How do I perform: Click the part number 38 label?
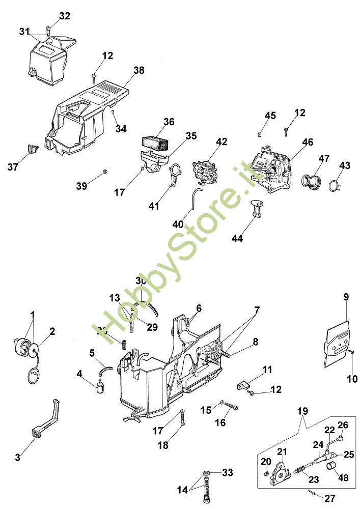(125, 70)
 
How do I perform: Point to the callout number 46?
(307, 143)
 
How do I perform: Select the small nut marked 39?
(104, 170)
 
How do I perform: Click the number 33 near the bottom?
(227, 473)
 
